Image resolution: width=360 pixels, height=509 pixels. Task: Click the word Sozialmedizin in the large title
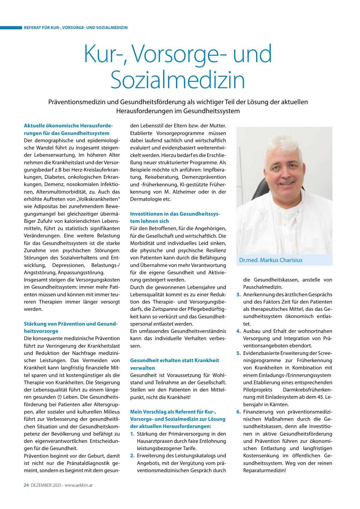coord(178,80)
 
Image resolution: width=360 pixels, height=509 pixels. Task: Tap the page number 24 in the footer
coord(26,485)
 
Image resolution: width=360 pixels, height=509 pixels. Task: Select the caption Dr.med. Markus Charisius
coord(271,260)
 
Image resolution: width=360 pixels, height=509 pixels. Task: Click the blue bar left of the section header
coord(11,28)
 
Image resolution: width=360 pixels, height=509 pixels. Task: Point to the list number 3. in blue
coord(238,295)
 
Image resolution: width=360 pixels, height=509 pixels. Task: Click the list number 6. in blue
coord(238,412)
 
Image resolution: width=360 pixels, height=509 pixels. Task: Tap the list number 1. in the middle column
coord(132,434)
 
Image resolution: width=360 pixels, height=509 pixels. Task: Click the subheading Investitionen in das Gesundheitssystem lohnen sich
coord(175,217)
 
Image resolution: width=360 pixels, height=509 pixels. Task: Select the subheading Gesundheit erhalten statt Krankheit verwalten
coord(174,364)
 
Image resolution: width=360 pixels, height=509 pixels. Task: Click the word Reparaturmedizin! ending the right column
coord(265,470)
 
